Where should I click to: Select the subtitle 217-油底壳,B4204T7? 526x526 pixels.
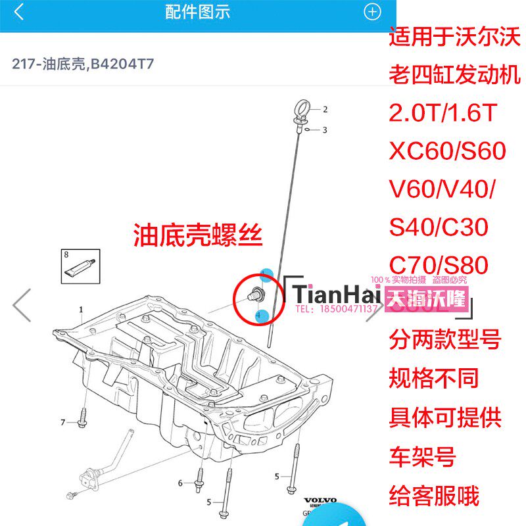point(83,64)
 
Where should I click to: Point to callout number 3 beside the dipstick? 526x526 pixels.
point(324,130)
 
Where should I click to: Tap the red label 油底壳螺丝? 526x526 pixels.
point(198,234)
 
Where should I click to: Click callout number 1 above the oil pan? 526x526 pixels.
point(82,309)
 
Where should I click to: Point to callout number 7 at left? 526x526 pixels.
point(63,421)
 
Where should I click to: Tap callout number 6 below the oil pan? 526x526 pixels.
point(180,483)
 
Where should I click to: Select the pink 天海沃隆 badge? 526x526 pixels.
point(429,300)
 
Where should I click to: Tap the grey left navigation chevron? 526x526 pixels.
point(22,304)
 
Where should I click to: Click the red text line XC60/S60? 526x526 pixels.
point(448,151)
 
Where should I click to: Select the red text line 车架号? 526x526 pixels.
point(423,456)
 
